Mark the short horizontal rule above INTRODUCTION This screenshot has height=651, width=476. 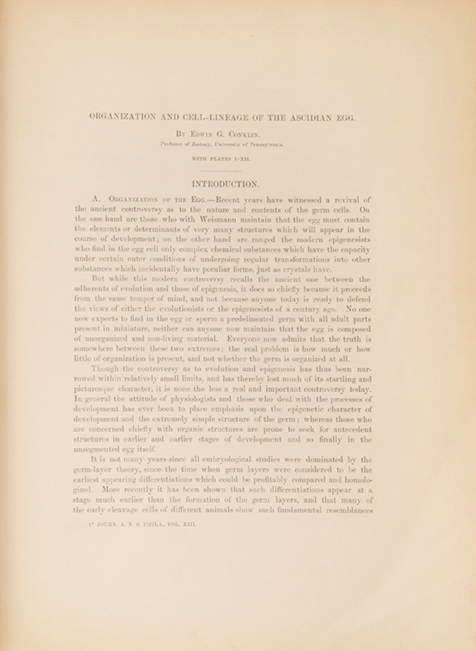(222, 171)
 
